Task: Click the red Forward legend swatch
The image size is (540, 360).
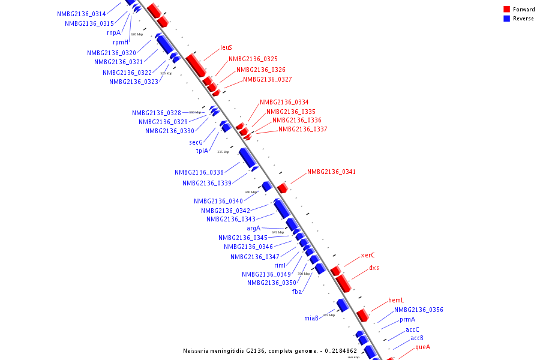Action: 506,10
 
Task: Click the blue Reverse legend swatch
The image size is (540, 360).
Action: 506,19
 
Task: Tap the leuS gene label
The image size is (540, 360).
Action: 226,47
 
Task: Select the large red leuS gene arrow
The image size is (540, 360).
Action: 196,65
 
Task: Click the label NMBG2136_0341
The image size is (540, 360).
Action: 331,172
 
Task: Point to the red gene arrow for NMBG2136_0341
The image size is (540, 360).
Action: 282,188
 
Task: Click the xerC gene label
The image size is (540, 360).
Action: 368,256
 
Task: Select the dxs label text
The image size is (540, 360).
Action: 374,268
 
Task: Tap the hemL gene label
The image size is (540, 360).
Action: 395,301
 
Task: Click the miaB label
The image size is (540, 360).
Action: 311,319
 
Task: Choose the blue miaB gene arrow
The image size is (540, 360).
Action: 343,305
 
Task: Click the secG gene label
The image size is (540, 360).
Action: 196,143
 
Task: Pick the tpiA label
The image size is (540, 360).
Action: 202,151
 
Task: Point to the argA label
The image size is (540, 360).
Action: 253,229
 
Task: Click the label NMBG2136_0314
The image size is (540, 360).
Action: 82,14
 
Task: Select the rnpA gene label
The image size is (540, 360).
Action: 113,33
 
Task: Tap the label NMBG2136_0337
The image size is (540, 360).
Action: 302,130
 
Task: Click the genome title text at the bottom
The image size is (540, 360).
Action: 270,351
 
